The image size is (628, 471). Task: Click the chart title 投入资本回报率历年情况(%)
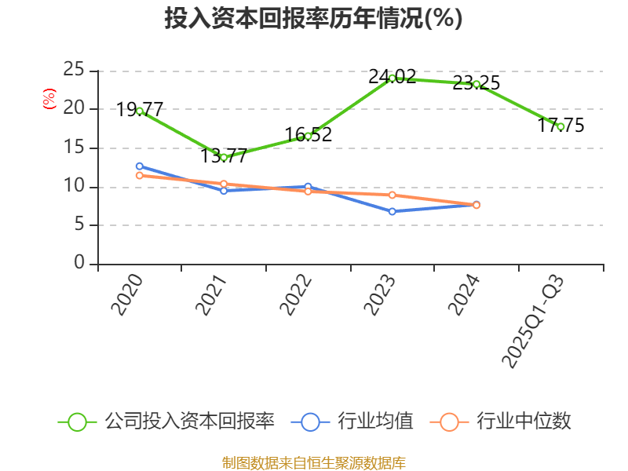click(314, 18)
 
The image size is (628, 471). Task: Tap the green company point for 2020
click(140, 111)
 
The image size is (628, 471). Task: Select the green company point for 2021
click(224, 157)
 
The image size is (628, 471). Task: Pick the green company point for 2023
click(392, 78)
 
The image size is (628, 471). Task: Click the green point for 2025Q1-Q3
click(560, 126)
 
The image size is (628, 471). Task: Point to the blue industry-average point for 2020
click(140, 166)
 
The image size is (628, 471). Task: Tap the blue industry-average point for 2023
click(392, 211)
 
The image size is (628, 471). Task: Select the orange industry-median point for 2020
click(140, 176)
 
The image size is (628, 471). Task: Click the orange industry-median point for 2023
click(392, 195)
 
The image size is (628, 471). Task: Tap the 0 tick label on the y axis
click(79, 264)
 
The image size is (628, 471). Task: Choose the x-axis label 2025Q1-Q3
click(533, 322)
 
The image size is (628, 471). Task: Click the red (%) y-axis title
click(49, 100)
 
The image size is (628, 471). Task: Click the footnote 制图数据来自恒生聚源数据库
click(314, 462)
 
